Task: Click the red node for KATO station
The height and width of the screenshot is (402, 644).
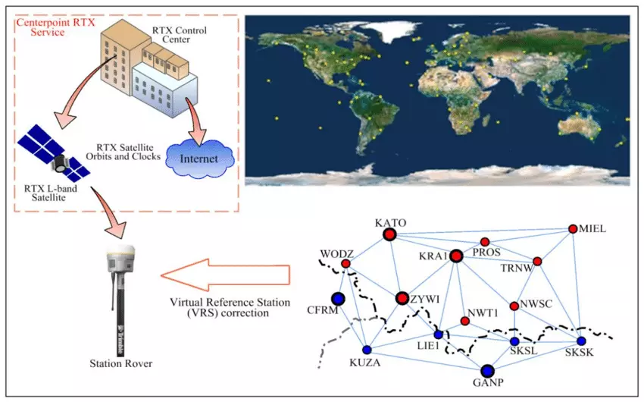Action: [x=390, y=235]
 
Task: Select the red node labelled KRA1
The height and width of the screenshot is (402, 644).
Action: [x=456, y=256]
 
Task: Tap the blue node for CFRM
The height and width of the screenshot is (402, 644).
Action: [x=337, y=299]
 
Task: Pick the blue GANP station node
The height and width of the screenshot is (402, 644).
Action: [x=487, y=371]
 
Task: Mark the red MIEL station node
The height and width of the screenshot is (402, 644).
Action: [x=574, y=229]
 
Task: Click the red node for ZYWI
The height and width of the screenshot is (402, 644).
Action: [x=402, y=298]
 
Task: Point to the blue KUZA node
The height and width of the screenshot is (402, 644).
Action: [x=367, y=350]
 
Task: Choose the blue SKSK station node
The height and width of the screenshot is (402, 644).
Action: [x=581, y=341]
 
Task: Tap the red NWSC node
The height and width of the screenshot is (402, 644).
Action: [x=514, y=306]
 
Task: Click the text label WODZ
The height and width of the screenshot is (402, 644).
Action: [x=334, y=253]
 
